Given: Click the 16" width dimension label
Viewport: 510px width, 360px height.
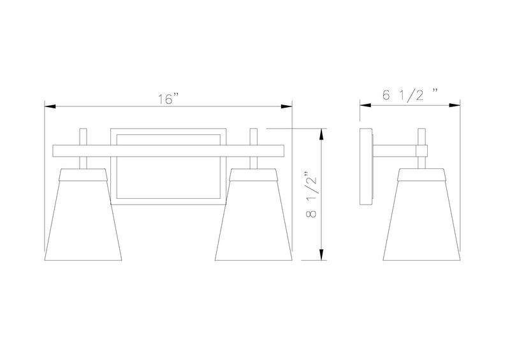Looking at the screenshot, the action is click(x=168, y=99).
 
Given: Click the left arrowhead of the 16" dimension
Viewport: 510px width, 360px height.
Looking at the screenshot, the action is click(x=50, y=106).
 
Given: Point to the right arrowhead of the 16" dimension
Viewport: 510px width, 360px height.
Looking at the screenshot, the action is click(x=286, y=106).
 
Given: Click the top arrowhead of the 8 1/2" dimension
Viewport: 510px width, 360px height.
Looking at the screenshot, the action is click(x=321, y=134).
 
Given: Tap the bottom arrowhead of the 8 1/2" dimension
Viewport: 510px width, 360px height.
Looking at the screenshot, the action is click(x=321, y=255).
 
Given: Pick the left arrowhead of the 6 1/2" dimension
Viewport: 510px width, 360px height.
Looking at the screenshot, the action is click(x=365, y=105).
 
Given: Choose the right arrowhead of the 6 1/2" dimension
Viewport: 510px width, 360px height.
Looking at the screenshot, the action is click(x=455, y=105).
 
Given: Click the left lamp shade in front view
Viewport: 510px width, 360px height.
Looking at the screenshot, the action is click(x=83, y=215).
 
